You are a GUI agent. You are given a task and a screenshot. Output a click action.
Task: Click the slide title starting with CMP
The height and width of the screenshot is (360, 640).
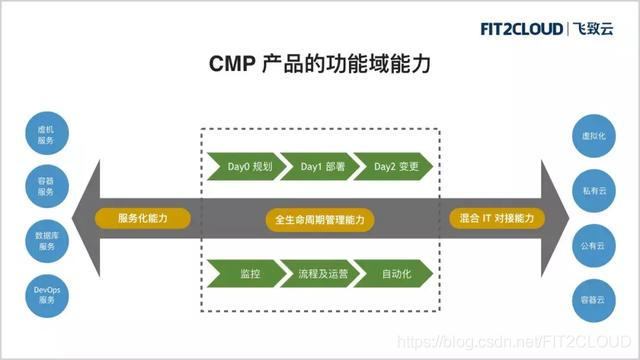click(320, 66)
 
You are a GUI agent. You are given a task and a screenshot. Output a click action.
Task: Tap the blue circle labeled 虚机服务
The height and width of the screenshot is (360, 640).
click(46, 134)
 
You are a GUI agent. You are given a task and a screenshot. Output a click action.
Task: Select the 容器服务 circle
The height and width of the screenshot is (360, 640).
click(46, 187)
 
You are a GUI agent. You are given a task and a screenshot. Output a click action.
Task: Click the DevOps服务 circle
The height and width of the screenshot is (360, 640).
click(46, 294)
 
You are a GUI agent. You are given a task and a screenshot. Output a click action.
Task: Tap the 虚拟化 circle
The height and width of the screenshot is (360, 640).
click(593, 134)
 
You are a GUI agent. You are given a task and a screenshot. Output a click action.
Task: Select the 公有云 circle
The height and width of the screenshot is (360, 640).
click(593, 244)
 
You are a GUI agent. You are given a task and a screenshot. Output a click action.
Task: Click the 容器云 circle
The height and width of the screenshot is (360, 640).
click(593, 298)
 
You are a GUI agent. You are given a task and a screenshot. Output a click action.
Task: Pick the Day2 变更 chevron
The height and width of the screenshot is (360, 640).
click(395, 166)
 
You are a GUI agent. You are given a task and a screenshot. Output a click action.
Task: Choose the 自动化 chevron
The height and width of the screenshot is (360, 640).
click(395, 272)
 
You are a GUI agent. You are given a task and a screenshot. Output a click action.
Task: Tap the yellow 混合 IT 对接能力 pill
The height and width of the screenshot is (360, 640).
click(497, 218)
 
